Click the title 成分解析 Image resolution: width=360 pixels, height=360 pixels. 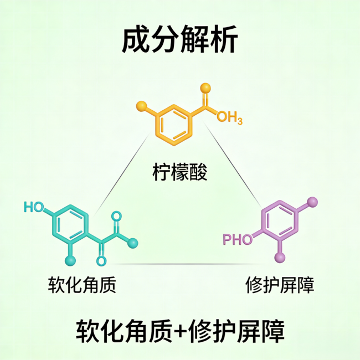[179, 40]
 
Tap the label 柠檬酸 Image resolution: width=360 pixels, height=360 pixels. [180, 173]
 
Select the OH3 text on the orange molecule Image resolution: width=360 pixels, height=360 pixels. [229, 117]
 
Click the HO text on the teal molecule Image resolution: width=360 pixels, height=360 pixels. [34, 208]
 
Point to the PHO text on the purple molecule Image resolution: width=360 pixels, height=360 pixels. [237, 240]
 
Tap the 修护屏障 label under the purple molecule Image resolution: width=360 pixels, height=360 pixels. [280, 286]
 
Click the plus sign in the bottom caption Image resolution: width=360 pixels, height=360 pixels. [179, 331]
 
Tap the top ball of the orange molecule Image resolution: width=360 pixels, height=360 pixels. [205, 87]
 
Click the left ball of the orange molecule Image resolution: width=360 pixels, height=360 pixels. [141, 105]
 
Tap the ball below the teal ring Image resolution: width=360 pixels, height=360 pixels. [70, 259]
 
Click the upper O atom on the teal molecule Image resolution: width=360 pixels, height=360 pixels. [116, 215]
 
